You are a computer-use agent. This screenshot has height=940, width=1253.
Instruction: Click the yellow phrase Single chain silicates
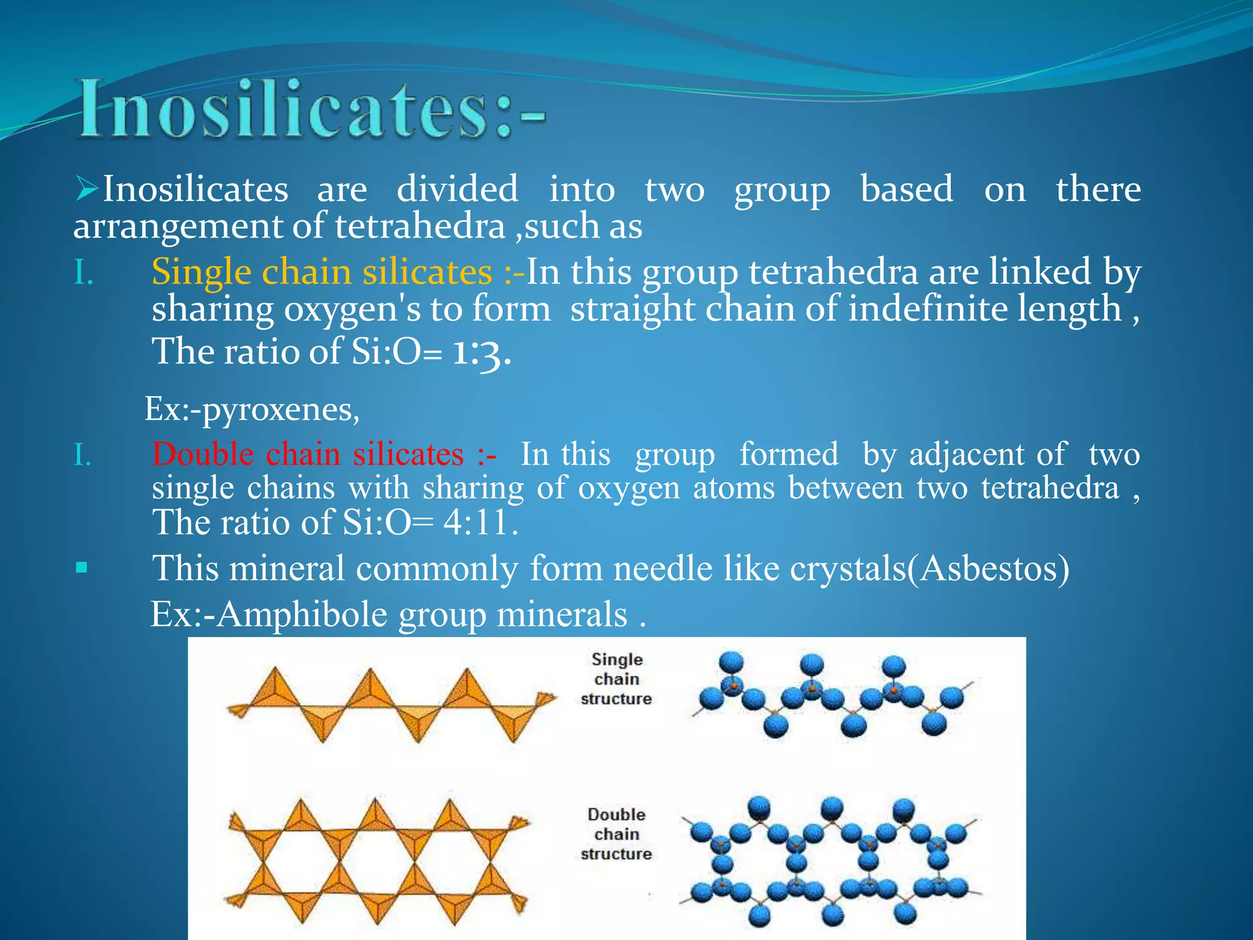(321, 271)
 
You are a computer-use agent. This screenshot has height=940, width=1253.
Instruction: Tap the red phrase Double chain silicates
(308, 454)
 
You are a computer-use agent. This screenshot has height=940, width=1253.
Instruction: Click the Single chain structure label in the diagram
(616, 679)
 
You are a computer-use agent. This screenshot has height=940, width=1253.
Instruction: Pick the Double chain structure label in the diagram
(616, 834)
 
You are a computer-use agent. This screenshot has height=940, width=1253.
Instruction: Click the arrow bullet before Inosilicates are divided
(86, 188)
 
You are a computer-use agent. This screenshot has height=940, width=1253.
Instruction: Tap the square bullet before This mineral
(81, 568)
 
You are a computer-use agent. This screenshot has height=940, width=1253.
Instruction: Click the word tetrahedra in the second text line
(420, 226)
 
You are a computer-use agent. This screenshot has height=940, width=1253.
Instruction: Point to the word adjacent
(966, 455)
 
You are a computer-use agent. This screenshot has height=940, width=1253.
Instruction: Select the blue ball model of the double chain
(829, 860)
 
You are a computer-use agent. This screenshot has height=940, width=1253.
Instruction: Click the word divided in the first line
(457, 188)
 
